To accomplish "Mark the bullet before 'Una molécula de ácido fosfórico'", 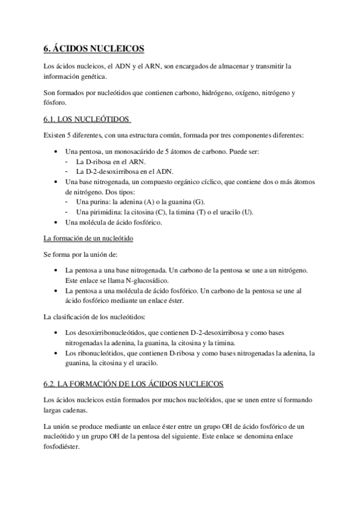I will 56,223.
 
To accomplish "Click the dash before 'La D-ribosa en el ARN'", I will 66,162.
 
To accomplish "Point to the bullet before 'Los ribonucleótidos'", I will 56,353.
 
